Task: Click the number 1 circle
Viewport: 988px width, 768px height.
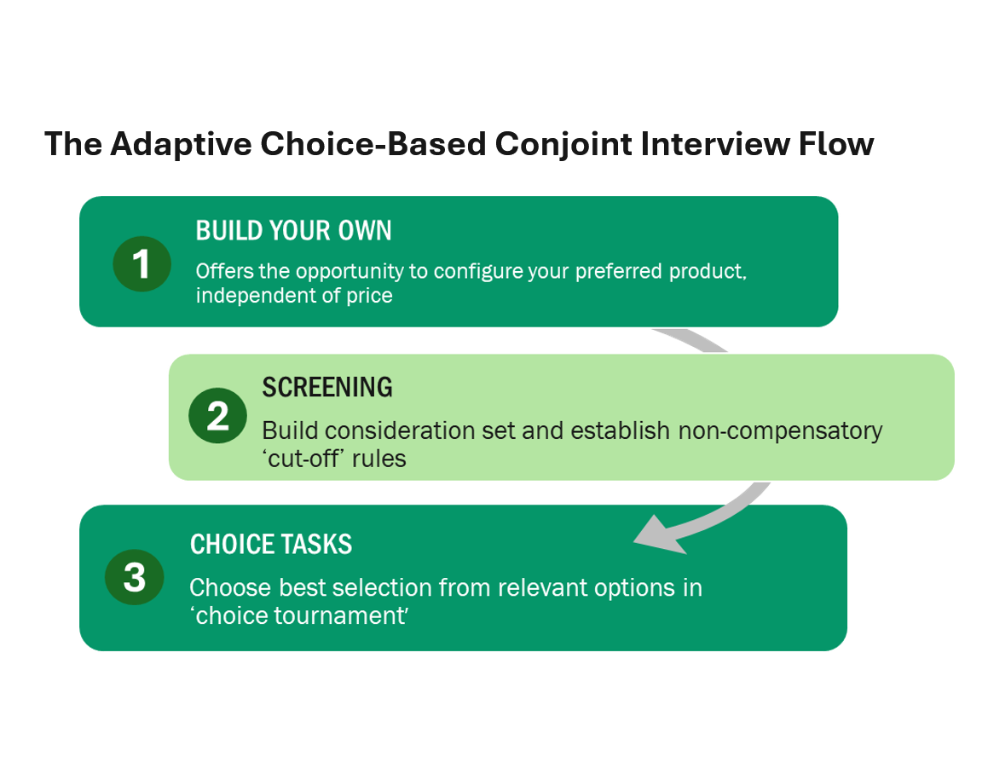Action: [x=142, y=263]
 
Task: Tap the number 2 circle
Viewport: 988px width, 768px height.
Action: [x=217, y=416]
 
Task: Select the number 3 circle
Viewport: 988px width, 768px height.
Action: [x=134, y=577]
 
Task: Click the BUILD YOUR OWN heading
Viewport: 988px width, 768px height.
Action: [x=293, y=231]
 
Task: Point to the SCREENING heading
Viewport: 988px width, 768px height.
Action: [x=326, y=387]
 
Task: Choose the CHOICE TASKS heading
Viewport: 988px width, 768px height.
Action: [x=271, y=545]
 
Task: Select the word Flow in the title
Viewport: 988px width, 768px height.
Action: [x=835, y=144]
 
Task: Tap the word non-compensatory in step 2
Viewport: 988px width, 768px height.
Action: [x=780, y=430]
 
